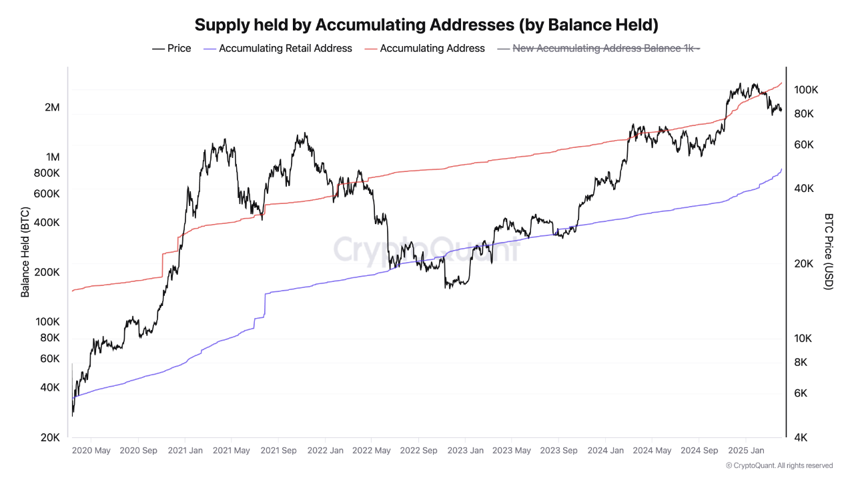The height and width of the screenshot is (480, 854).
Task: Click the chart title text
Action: pyautogui.click(x=426, y=25)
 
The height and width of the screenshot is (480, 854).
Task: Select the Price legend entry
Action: pyautogui.click(x=172, y=48)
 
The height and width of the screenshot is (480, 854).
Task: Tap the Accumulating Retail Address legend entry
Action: pyautogui.click(x=278, y=48)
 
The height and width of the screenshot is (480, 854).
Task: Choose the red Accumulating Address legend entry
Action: pyautogui.click(x=425, y=48)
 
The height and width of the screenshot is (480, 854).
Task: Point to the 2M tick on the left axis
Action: pyautogui.click(x=52, y=107)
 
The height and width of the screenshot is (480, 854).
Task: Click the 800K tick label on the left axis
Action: pyautogui.click(x=46, y=173)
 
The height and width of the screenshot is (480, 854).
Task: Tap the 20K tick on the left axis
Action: pyautogui.click(x=50, y=437)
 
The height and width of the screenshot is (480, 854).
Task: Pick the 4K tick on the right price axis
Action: pyautogui.click(x=803, y=437)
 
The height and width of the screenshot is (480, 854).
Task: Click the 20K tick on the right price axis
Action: pyautogui.click(x=803, y=263)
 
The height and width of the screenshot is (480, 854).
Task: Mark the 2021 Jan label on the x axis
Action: pyautogui.click(x=185, y=451)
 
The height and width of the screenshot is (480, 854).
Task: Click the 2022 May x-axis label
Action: pyautogui.click(x=372, y=451)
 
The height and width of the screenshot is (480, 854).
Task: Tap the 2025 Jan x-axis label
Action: pyautogui.click(x=746, y=451)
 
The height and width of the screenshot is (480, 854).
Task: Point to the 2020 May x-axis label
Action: pyautogui.click(x=91, y=451)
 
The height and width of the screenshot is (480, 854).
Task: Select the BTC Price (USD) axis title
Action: pyautogui.click(x=829, y=251)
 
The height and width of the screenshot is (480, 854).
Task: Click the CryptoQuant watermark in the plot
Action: pyautogui.click(x=426, y=249)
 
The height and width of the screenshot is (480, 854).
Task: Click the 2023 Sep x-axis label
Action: pyautogui.click(x=558, y=451)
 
